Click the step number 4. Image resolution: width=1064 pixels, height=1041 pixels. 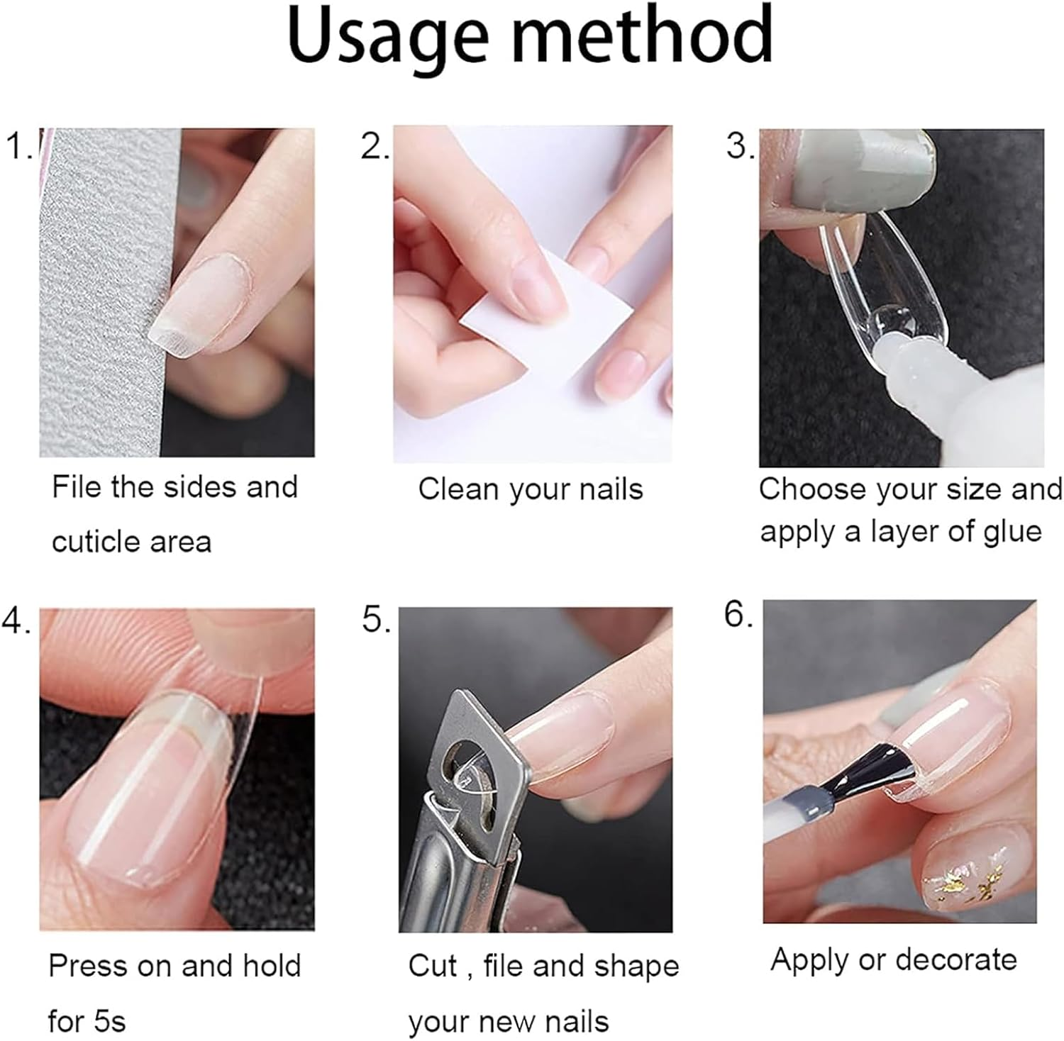(x=16, y=621)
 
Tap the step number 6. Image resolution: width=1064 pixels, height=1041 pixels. (x=738, y=614)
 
